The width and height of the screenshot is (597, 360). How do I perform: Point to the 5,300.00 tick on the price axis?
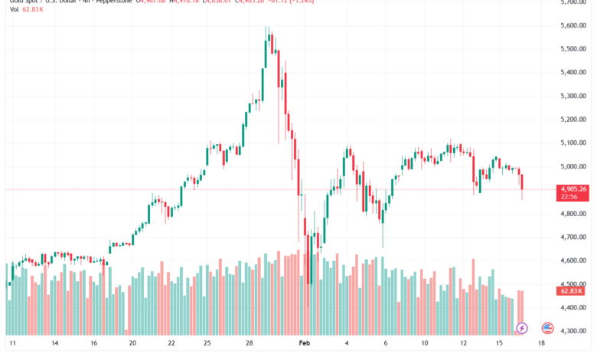pyautogui.click(x=573, y=96)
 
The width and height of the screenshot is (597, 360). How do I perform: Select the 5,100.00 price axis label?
pyautogui.click(x=573, y=142)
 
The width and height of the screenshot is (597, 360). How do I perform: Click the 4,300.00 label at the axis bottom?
pyautogui.click(x=573, y=331)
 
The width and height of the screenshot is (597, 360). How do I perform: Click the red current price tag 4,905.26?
pyautogui.click(x=573, y=188)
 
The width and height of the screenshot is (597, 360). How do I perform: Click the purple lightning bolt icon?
pyautogui.click(x=523, y=328)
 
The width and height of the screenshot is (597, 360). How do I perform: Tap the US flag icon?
pyautogui.click(x=547, y=328)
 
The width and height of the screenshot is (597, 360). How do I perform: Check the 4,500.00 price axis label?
pyautogui.click(x=573, y=284)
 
